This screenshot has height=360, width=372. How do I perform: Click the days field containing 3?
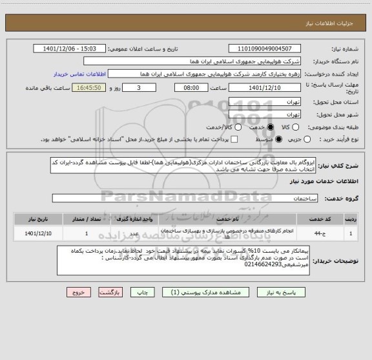(x=139, y=87)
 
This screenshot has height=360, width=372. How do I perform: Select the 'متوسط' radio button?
(x=278, y=139)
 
